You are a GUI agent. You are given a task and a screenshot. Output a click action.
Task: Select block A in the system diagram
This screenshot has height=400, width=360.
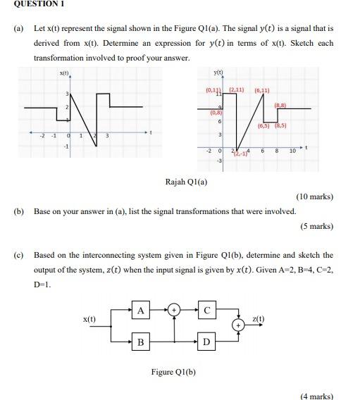pos(141,309)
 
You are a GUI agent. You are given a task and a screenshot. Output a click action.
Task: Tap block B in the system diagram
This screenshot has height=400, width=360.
pos(141,342)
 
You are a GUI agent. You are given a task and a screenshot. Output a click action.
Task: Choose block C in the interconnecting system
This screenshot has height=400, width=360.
pos(206,309)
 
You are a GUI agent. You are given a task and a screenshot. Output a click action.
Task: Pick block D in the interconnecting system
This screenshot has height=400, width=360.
pos(206,342)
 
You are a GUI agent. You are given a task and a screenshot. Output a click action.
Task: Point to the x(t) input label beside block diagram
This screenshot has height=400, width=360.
pos(90,319)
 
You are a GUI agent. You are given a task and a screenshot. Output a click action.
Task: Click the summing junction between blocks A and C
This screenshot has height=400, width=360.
pos(174,309)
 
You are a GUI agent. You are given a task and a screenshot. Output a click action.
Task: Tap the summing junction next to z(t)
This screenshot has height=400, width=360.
pos(240,325)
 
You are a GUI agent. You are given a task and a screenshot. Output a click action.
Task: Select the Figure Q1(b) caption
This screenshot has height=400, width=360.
pos(173,371)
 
